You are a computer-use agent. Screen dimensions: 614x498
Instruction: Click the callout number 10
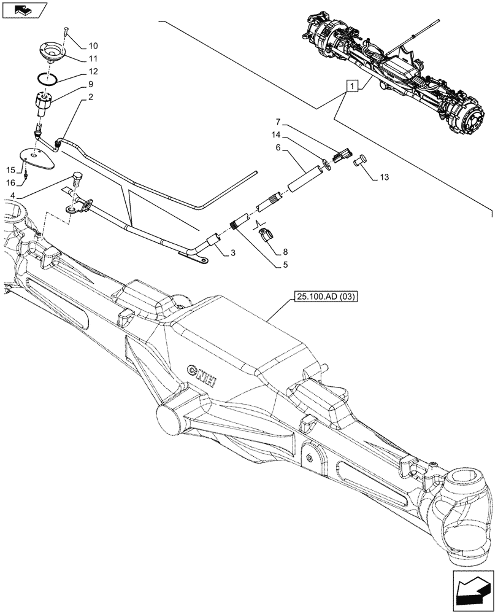(x=93, y=46)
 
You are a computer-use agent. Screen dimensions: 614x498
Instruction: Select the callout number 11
(x=93, y=60)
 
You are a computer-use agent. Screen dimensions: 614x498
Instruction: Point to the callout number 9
(x=90, y=84)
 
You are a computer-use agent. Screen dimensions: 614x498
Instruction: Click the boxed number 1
(x=352, y=87)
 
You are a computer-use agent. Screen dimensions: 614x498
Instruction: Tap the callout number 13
(x=384, y=178)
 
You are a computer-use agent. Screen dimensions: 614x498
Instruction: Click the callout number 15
(x=12, y=169)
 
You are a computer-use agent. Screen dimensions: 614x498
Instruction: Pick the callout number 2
(x=90, y=97)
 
